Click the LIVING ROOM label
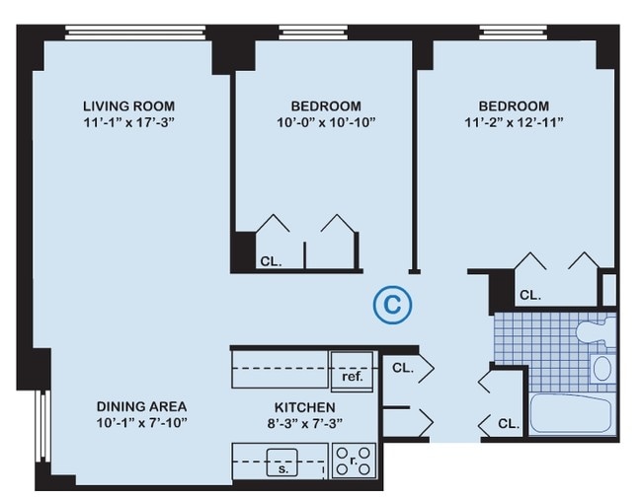129,107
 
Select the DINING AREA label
141,406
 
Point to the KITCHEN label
304,407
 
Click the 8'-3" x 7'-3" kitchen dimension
304,423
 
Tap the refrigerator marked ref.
353,371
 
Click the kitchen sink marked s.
282,462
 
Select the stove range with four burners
354,462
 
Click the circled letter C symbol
392,305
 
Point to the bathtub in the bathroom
571,413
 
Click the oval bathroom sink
602,369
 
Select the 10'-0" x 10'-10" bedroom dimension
326,122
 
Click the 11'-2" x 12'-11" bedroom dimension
514,122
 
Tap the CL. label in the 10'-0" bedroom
271,261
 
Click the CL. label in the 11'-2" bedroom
530,295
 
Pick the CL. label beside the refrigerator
403,368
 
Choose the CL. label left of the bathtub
509,424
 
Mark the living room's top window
135,33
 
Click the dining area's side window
42,426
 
